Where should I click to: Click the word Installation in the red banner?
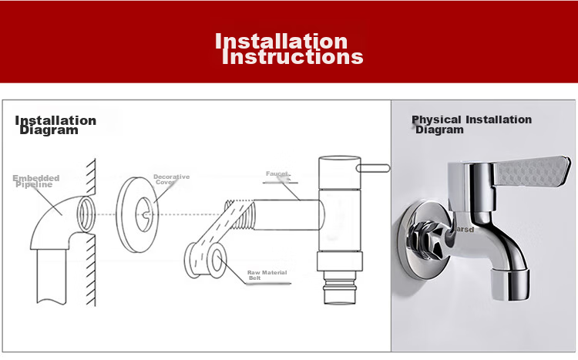[281, 41]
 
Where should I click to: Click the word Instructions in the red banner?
[293, 57]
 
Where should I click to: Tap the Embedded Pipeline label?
[35, 181]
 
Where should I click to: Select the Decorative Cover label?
[171, 180]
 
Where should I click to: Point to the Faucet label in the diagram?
[277, 173]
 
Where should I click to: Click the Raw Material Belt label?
[267, 275]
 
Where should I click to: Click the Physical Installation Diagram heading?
[472, 125]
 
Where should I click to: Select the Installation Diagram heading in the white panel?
[55, 125]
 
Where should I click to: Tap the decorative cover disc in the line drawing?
[136, 214]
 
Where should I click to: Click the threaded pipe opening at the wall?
[86, 214]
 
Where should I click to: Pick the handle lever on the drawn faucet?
[373, 168]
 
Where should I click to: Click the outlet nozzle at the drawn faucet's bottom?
[340, 288]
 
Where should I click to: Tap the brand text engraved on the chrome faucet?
[464, 230]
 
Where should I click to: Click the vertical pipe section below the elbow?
[52, 276]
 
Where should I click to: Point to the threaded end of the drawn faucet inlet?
[240, 214]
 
